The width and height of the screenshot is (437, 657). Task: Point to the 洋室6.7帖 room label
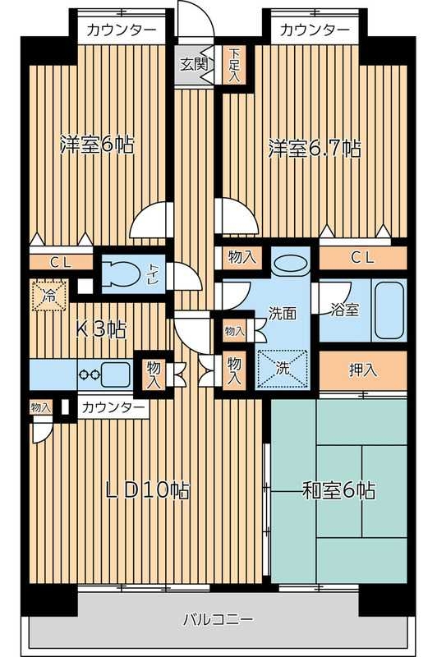pyautogui.click(x=315, y=149)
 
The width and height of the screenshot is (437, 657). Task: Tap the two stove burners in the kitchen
pyautogui.click(x=89, y=374)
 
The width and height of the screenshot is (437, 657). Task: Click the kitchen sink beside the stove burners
pyautogui.click(x=116, y=373)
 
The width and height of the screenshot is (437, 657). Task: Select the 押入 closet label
pyautogui.click(x=361, y=370)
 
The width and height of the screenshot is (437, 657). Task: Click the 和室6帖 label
pyautogui.click(x=338, y=491)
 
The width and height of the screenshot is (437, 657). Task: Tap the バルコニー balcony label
pyautogui.click(x=218, y=619)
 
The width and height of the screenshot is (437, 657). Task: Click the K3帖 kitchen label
pyautogui.click(x=101, y=330)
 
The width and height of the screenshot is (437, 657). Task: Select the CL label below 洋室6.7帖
pyautogui.click(x=361, y=258)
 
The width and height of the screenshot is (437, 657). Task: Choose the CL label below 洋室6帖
pyautogui.click(x=59, y=263)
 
